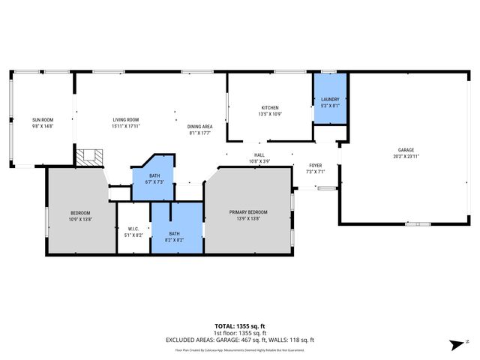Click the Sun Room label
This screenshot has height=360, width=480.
pos(42,120)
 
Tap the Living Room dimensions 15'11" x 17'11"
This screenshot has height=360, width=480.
pos(126,126)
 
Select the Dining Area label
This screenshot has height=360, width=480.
pos(199,126)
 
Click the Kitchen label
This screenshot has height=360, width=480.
pos(270,108)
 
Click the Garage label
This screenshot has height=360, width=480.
pos(406,150)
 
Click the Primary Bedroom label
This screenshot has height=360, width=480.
pos(248,212)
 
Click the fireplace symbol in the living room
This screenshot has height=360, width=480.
pos(91,156)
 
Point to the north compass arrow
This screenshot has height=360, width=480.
pos(456,343)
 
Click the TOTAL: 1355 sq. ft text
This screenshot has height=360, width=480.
pos(240,326)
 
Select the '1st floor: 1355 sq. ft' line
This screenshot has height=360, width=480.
pos(240,333)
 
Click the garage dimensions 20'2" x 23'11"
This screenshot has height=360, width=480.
pos(406,156)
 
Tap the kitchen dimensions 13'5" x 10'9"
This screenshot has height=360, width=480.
pos(270,114)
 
